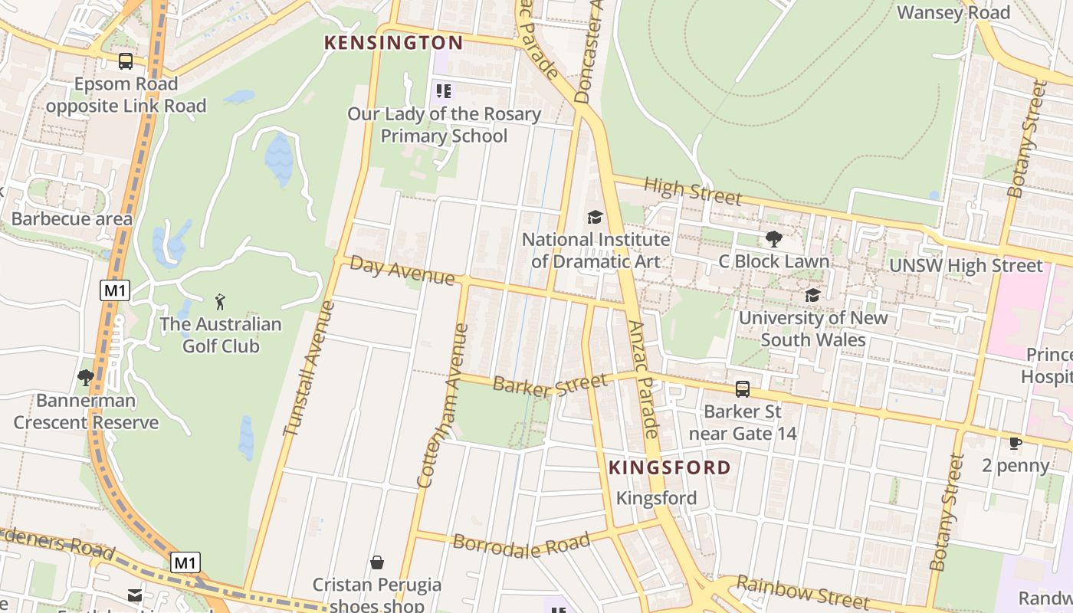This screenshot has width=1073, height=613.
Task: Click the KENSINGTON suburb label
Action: point(394,43)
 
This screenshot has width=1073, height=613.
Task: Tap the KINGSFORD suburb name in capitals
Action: point(670,467)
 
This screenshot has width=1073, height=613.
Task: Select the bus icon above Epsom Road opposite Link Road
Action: point(126,61)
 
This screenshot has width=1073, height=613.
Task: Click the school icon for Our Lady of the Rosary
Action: point(444,92)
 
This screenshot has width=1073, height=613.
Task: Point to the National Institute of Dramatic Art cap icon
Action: point(595,218)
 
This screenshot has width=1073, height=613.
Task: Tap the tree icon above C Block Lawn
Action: point(774,239)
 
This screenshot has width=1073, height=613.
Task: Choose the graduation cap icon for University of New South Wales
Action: point(812,295)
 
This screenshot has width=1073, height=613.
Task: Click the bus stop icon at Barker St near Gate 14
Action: point(743,389)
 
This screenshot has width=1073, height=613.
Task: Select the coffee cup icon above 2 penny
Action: point(1016,443)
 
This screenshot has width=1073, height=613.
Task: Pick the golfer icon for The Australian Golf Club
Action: point(221,302)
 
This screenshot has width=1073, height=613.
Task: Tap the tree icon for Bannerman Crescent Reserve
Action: point(86,378)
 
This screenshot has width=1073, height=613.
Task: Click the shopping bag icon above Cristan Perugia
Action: point(377,563)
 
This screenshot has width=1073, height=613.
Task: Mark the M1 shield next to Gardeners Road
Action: point(185,563)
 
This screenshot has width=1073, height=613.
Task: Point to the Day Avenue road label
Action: point(402,271)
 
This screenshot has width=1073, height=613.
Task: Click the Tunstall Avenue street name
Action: point(309,369)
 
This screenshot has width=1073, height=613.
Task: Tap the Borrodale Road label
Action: point(521,545)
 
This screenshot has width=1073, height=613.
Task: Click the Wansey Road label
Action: point(953,13)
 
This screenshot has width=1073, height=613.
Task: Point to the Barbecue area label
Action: point(72,219)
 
